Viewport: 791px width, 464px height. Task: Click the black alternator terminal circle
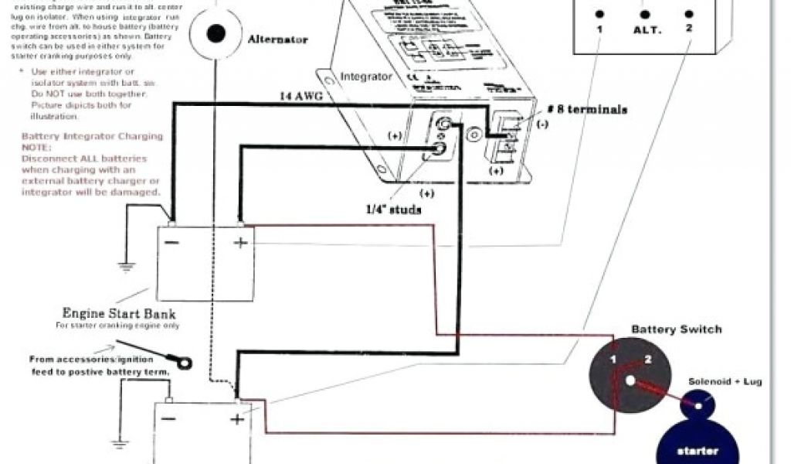[217, 33]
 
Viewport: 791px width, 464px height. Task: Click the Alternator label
[278, 39]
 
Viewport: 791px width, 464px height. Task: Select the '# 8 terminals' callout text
[586, 109]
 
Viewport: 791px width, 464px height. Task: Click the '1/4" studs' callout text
[394, 210]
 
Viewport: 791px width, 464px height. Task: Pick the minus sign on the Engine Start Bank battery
[173, 243]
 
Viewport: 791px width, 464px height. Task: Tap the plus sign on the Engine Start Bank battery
[240, 243]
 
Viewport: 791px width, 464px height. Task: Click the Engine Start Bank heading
[118, 314]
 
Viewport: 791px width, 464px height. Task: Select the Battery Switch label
[677, 329]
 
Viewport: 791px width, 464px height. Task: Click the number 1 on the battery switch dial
[613, 360]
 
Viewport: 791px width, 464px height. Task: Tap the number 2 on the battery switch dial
[648, 359]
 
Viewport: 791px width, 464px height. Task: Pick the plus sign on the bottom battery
[237, 419]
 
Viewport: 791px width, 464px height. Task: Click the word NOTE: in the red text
[36, 147]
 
